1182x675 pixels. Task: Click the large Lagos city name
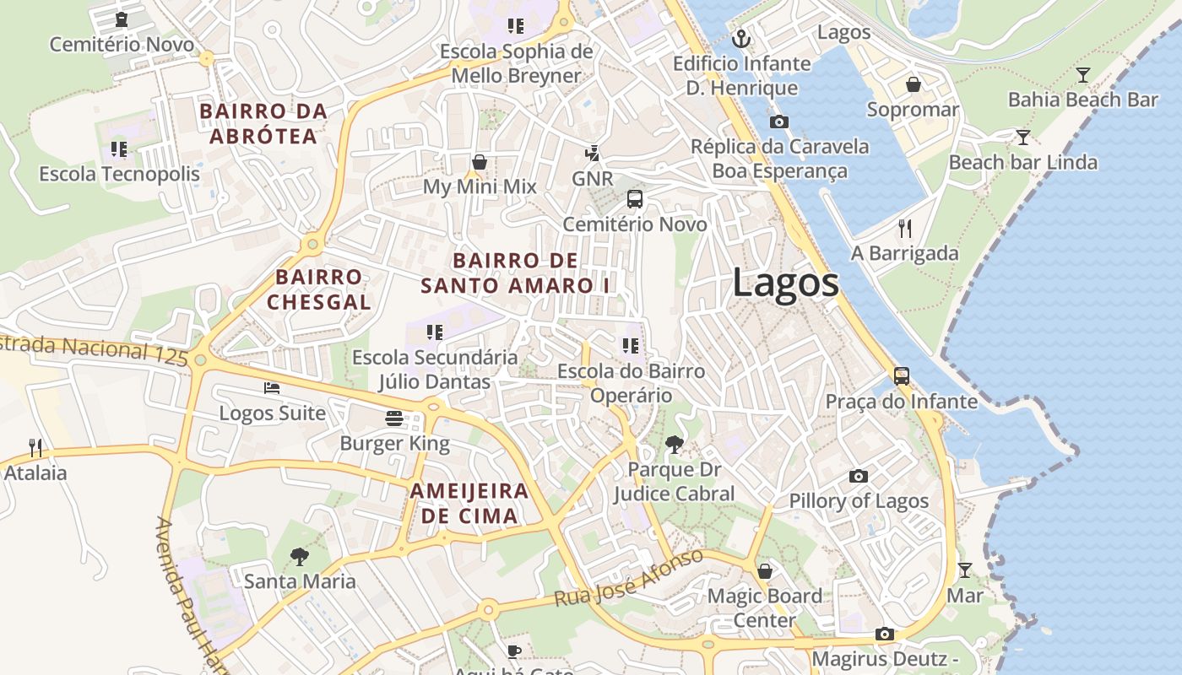[785, 282]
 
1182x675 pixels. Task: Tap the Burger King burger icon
[394, 418]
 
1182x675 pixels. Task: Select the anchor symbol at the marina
[741, 38]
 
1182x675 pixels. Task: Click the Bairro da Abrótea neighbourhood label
[263, 123]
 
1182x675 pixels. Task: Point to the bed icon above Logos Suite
[272, 388]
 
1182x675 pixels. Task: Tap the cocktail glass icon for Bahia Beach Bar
[1083, 75]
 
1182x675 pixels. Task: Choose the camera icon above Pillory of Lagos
[859, 476]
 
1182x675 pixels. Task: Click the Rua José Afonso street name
[628, 578]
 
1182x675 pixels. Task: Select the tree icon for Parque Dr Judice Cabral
[674, 445]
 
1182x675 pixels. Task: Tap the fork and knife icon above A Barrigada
[905, 228]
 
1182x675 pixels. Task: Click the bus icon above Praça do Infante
[902, 376]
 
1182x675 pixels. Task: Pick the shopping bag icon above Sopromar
[913, 84]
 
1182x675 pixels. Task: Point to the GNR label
[592, 179]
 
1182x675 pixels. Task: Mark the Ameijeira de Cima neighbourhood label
[469, 503]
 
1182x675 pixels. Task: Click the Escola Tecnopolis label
[119, 174]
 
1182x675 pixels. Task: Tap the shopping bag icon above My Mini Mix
[480, 162]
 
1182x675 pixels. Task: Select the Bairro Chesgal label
[319, 289]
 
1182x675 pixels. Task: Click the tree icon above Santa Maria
[299, 557]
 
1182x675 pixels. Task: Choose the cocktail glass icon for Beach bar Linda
[1023, 138]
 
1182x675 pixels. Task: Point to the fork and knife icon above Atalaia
[35, 447]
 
